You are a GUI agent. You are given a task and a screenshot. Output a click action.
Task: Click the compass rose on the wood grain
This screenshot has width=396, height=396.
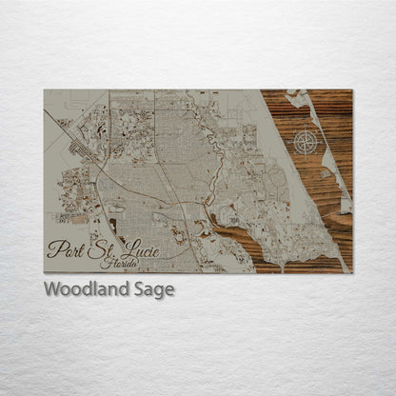(306, 143)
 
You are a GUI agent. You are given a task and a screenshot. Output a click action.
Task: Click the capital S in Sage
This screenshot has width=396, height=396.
(139, 290)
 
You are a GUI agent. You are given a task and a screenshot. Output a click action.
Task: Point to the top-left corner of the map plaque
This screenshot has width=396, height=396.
(45, 90)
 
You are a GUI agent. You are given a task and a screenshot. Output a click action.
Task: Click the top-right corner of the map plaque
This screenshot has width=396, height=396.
(351, 90)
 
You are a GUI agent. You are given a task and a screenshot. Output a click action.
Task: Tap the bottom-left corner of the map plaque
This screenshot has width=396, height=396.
(45, 272)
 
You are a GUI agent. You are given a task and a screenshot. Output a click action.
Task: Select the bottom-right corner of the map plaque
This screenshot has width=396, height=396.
(351, 272)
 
